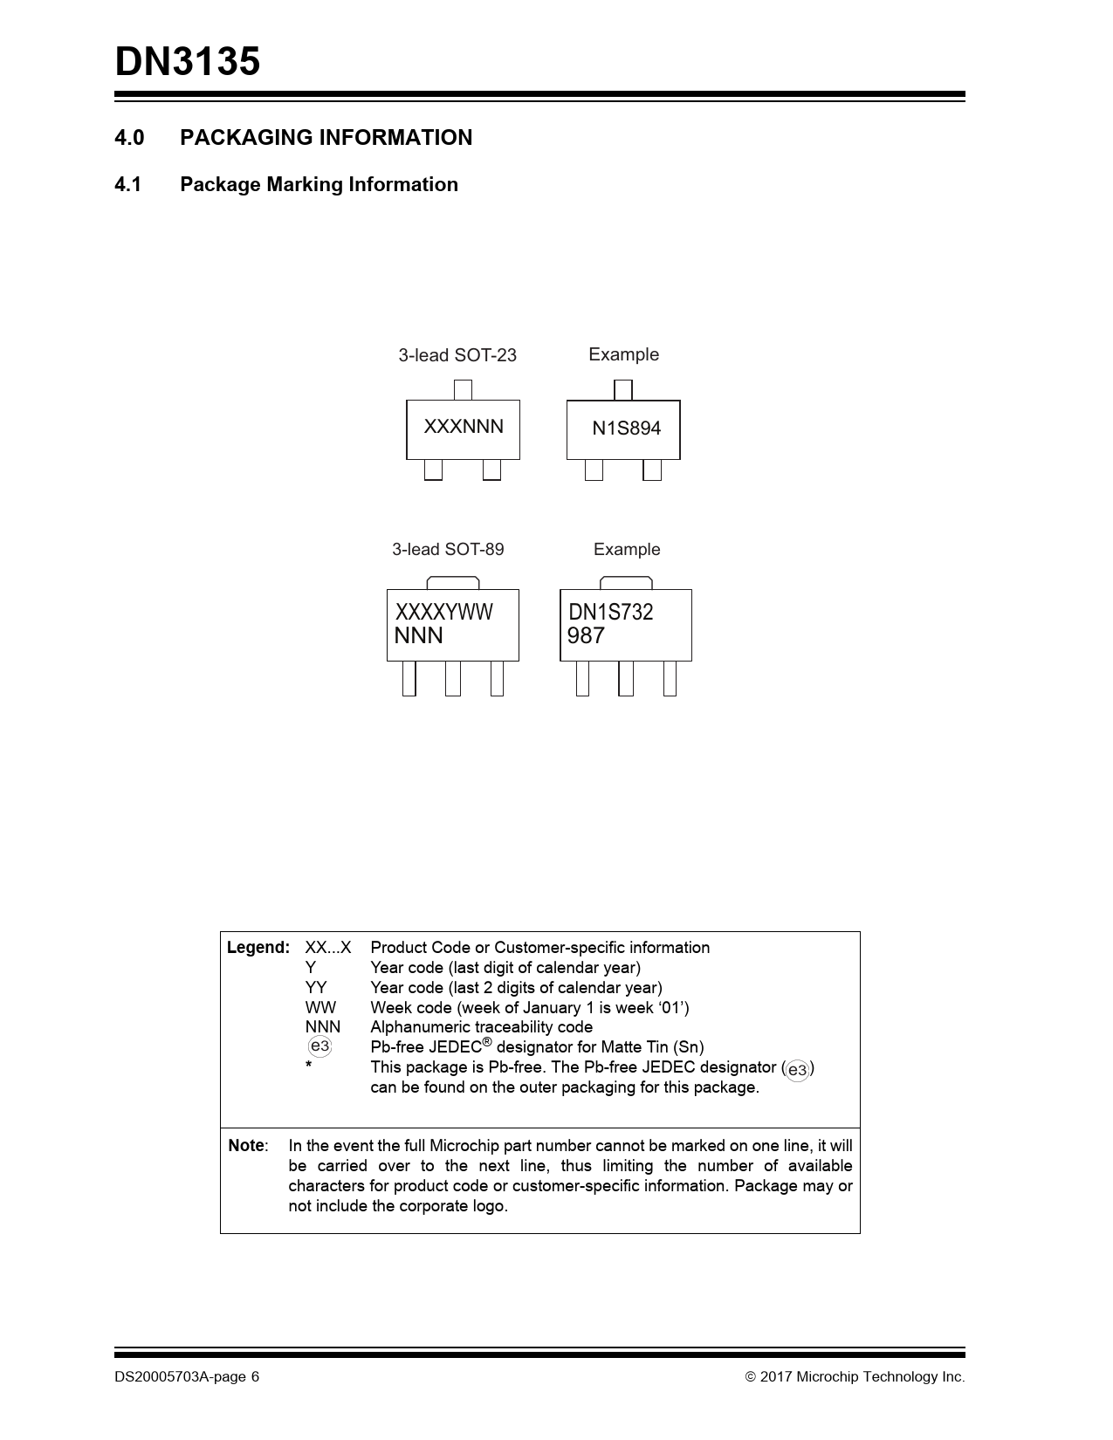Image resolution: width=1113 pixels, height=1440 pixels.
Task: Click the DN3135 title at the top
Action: [188, 63]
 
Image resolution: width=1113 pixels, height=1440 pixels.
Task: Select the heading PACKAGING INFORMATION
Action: [326, 138]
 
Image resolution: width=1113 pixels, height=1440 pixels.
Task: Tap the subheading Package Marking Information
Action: [319, 185]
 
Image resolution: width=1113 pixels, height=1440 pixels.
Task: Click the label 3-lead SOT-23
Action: [457, 355]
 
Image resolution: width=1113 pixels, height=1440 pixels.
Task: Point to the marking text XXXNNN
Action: [464, 427]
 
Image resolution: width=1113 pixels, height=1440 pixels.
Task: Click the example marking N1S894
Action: [626, 429]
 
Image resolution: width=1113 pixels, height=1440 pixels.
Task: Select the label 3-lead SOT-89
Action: [448, 550]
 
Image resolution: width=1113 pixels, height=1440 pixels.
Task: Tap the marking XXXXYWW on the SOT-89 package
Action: [443, 612]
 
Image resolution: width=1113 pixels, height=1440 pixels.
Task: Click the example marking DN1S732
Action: [610, 612]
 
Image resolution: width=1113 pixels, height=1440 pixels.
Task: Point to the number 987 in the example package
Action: [586, 636]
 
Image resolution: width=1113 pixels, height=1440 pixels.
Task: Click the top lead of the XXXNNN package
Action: [464, 390]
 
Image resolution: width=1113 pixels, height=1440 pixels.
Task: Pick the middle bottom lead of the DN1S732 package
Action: [626, 678]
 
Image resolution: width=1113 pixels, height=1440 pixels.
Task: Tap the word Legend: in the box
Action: [258, 948]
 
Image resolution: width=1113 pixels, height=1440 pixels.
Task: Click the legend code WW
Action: [320, 1008]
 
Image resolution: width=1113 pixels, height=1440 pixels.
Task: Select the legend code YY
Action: [316, 988]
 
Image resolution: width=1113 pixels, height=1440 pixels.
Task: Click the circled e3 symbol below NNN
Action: [320, 1046]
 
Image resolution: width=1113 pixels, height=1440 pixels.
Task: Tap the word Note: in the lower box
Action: [248, 1146]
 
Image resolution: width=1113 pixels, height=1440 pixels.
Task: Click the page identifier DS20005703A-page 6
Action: [187, 1377]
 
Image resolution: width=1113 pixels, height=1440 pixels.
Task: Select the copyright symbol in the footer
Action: [750, 1377]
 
